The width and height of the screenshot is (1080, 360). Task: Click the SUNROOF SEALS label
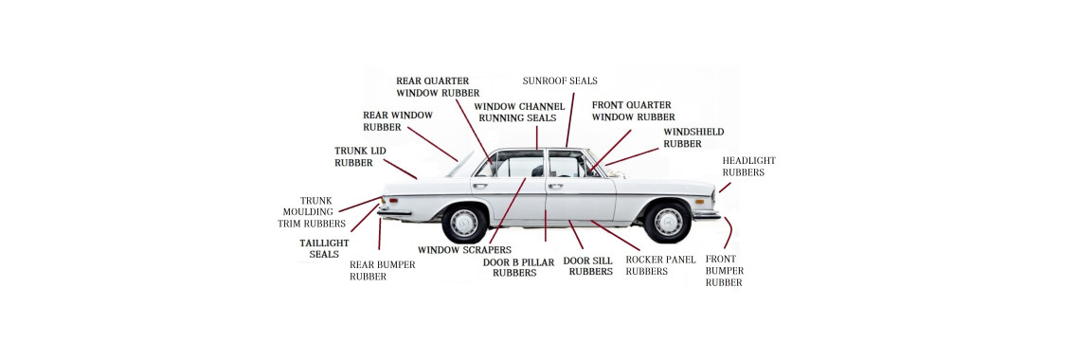coord(560,81)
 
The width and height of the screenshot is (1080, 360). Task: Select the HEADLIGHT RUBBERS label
coord(748,167)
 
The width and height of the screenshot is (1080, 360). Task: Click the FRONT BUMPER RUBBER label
coord(724,270)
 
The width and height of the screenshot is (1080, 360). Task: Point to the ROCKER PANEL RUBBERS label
coord(660,265)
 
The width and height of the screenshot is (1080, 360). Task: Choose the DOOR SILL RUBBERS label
coord(588,265)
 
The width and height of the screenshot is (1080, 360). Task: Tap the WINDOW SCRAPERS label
coord(458,250)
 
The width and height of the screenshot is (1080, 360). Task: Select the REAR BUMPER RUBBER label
coord(382,271)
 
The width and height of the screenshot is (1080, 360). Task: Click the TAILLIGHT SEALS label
coord(324,248)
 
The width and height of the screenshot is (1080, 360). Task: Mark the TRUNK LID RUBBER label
coord(360,156)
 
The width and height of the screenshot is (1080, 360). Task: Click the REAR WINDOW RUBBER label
coord(398,120)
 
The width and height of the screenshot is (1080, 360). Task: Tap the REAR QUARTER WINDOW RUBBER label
coord(432,87)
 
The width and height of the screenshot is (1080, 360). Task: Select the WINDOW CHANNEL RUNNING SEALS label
coord(518,112)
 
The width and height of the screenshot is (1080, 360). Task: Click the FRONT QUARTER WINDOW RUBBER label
coord(633,111)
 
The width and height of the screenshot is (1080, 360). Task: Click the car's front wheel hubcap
coord(668,222)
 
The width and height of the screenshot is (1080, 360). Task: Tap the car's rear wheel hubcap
coord(464,224)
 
